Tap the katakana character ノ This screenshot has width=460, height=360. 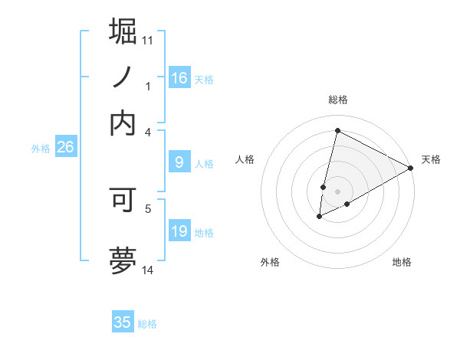tap(123, 77)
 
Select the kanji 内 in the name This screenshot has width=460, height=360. tap(123, 123)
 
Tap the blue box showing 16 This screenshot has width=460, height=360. tap(179, 78)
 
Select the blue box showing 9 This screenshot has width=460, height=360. tap(179, 162)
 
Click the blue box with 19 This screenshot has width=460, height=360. tap(179, 231)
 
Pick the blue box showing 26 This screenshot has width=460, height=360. tap(65, 148)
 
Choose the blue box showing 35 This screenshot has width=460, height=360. tap(123, 322)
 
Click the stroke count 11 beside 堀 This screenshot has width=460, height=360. tap(148, 40)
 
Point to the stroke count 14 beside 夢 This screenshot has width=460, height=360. tap(148, 270)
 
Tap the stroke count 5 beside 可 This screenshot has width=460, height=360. tap(148, 207)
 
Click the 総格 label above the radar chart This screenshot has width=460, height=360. tap(337, 100)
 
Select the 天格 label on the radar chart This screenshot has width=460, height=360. tap(431, 159)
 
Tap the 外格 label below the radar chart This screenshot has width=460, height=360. tap(270, 262)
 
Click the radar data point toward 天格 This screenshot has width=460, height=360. tap(411, 169)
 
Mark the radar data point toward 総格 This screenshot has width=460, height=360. tap(337, 130)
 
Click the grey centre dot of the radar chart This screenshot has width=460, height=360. tap(337, 191)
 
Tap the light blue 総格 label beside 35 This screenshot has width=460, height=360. tap(147, 324)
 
